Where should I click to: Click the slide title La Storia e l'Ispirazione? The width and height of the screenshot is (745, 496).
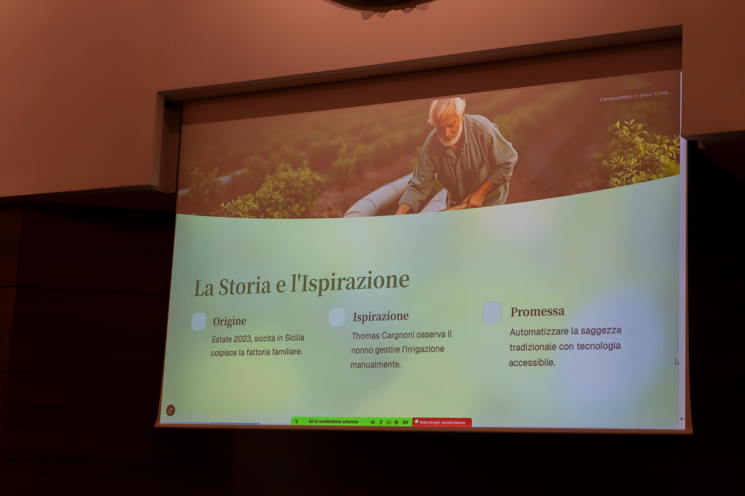click(301, 284)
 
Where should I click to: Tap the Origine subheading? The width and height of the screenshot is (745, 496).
click(229, 321)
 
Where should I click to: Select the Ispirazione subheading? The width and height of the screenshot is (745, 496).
click(381, 316)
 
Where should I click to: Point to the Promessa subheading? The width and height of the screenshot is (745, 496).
click(537, 311)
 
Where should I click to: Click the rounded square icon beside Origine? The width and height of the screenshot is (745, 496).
click(199, 322)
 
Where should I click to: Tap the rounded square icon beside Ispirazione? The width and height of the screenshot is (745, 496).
click(337, 317)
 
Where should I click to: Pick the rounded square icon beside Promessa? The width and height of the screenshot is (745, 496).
click(492, 312)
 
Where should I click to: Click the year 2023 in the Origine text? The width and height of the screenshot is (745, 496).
click(243, 339)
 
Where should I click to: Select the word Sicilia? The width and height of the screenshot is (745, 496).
click(295, 338)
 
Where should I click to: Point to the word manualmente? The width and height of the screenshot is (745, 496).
click(375, 364)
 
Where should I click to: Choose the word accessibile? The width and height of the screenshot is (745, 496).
click(532, 362)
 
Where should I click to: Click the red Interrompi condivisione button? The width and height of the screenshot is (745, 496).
click(442, 422)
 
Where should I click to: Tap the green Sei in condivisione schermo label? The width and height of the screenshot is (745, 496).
click(333, 421)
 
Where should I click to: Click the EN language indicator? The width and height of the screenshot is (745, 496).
click(405, 422)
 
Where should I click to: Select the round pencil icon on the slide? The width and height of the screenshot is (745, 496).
click(170, 410)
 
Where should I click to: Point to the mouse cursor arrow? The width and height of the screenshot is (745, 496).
click(677, 362)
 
